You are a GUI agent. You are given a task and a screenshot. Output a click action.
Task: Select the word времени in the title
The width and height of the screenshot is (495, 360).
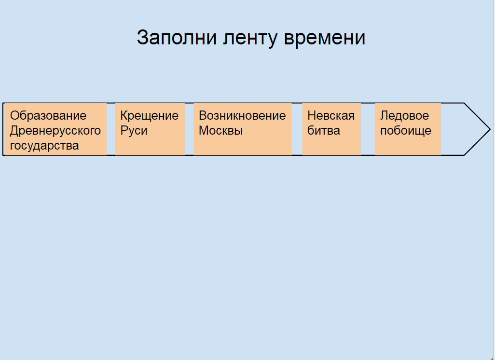click(x=325, y=38)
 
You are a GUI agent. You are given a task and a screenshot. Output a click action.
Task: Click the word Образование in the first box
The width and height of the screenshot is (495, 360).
click(x=48, y=116)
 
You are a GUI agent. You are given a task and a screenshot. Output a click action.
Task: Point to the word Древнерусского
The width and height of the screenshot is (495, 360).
click(x=55, y=131)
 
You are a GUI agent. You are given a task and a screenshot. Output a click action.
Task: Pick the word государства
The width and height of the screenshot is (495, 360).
click(x=44, y=146)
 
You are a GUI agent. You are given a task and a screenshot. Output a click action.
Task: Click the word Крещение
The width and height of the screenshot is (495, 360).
click(x=150, y=116)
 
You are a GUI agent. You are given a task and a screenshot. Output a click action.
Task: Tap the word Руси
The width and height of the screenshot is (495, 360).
click(x=134, y=131)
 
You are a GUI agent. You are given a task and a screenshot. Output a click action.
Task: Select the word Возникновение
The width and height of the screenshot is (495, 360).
click(x=242, y=116)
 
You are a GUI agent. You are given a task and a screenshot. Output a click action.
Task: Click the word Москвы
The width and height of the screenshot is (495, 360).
click(x=220, y=130)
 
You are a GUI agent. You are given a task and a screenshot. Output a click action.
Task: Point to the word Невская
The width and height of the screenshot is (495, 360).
click(x=331, y=116)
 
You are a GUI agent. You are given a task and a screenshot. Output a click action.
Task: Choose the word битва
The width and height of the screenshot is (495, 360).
click(x=324, y=130)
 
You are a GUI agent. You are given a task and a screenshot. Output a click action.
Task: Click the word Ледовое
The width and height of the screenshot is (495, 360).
click(x=404, y=116)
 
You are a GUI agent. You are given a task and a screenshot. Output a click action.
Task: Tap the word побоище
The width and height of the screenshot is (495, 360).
click(x=406, y=131)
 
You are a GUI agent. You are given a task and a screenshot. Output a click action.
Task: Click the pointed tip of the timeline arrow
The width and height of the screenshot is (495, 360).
click(x=490, y=129)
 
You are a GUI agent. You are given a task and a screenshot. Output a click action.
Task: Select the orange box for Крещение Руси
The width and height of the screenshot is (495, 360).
click(x=150, y=129)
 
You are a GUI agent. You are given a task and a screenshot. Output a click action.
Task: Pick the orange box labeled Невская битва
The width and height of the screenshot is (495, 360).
click(x=331, y=129)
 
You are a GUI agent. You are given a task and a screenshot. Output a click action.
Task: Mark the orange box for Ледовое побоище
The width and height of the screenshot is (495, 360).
click(x=408, y=129)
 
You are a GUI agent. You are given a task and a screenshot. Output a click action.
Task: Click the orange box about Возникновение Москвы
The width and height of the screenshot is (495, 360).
click(x=243, y=129)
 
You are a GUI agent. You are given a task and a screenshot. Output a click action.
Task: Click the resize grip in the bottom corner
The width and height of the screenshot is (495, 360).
click(x=492, y=358)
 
